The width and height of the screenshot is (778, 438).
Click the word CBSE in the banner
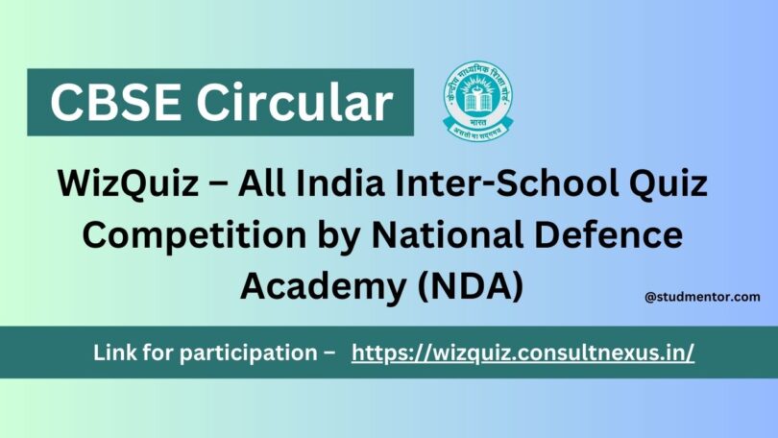point(107,102)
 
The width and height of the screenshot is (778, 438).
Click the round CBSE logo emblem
point(477,99)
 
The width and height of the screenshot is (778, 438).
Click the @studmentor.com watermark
point(702,298)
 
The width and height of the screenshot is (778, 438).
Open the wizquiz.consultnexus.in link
point(523,353)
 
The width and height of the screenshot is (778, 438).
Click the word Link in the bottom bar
point(114,353)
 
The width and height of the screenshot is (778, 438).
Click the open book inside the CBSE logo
point(477,100)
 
